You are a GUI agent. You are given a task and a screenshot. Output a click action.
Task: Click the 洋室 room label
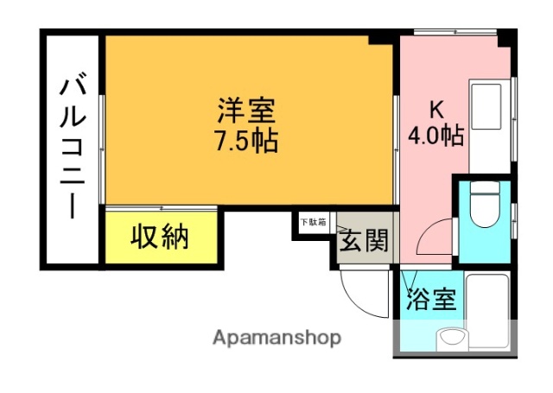click(x=245, y=111)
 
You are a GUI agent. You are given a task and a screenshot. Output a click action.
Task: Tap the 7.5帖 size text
click(x=245, y=140)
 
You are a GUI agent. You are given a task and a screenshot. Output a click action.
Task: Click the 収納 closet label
click(x=160, y=236)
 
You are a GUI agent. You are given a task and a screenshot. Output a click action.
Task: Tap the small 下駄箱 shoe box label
click(x=313, y=222)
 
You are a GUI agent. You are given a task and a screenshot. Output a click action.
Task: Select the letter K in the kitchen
click(x=435, y=109)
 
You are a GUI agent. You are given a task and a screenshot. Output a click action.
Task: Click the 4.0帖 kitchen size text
click(x=435, y=135)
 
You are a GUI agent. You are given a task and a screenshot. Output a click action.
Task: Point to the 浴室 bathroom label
click(x=430, y=300)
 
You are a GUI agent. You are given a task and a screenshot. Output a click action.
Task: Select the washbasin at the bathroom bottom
click(x=452, y=339)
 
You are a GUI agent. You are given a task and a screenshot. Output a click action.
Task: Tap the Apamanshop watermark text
click(x=276, y=337)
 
